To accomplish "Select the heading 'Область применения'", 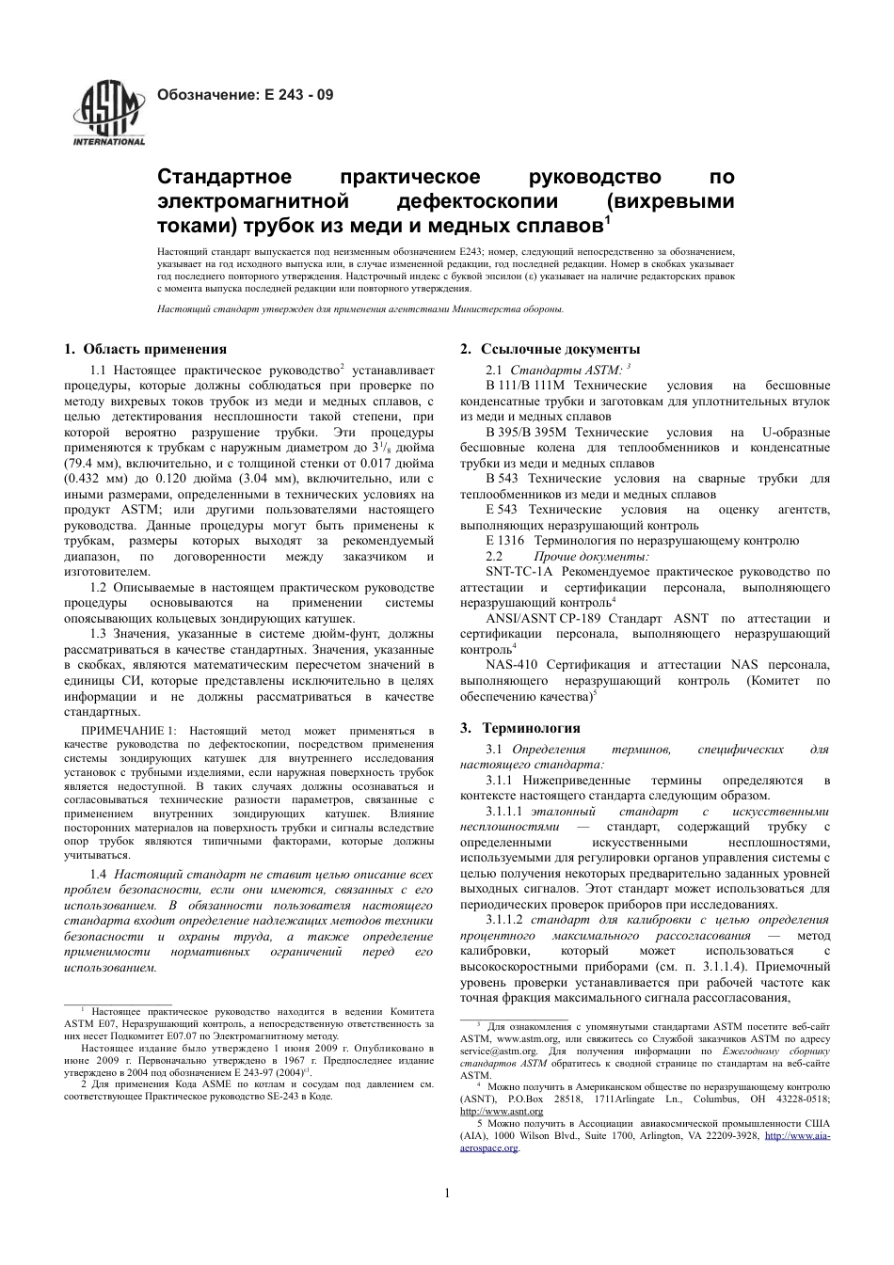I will click(x=155, y=349).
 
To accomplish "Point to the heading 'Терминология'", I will click(x=532, y=728).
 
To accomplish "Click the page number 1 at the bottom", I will click(x=447, y=1194).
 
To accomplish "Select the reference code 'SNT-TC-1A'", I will click(x=519, y=571).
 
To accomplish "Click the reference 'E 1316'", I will click(x=505, y=541).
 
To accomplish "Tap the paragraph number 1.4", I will click(x=98, y=875).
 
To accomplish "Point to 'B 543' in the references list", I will click(x=502, y=479).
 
